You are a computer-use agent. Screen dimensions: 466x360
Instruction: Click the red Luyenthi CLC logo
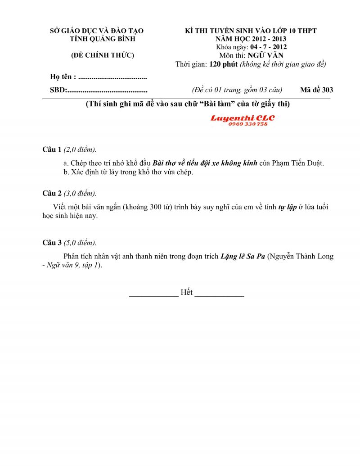pyautogui.click(x=242, y=118)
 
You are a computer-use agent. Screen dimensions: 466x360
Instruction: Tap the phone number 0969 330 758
pyautogui.click(x=248, y=124)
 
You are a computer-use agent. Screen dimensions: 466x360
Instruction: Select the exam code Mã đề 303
pyautogui.click(x=316, y=90)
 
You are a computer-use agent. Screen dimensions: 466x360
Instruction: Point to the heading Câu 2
pyautogui.click(x=52, y=193)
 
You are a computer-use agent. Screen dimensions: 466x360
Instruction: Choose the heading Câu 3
pyautogui.click(x=52, y=243)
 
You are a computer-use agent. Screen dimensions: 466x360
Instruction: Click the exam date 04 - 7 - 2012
pyautogui.click(x=262, y=47)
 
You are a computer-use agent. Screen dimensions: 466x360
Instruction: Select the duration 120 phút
pyautogui.click(x=223, y=64)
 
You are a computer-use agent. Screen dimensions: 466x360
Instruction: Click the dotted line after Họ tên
pyautogui.click(x=112, y=77)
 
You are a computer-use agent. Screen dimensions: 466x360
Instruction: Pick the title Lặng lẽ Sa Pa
pyautogui.click(x=243, y=257)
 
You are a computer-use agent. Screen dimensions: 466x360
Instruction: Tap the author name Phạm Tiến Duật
pyautogui.click(x=298, y=163)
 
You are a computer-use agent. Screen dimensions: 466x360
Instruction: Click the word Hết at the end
pyautogui.click(x=186, y=292)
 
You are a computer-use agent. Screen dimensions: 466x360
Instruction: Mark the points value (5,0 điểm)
pyautogui.click(x=80, y=243)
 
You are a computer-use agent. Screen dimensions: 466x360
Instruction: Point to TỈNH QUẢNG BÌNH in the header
pyautogui.click(x=96, y=39)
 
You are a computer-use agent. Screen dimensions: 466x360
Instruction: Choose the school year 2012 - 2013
pyautogui.click(x=263, y=39)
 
